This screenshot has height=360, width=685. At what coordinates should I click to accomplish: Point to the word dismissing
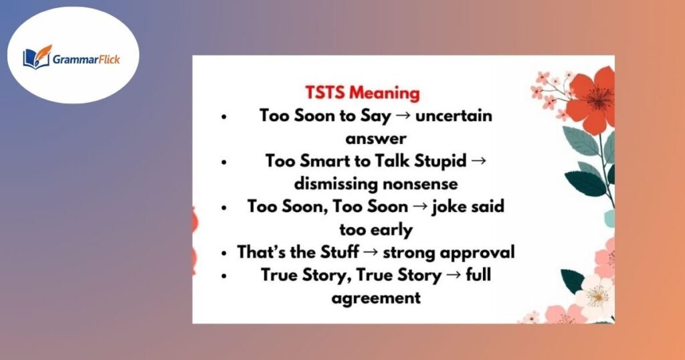click(332, 183)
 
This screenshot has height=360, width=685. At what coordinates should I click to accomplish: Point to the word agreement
click(375, 298)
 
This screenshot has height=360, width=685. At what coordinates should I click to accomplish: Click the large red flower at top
click(589, 98)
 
